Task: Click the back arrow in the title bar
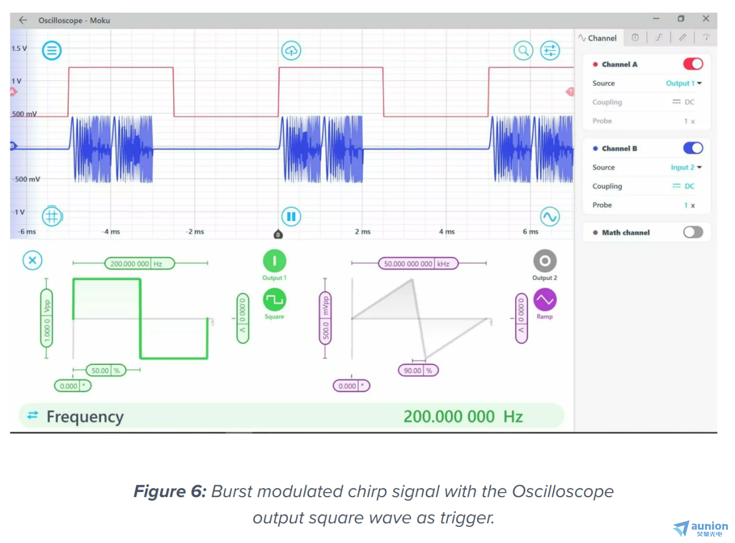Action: click(x=23, y=20)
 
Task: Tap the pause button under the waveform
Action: click(x=291, y=217)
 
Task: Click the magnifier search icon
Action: click(x=523, y=50)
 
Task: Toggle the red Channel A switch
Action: click(x=693, y=64)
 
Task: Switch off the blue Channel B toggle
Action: click(x=693, y=148)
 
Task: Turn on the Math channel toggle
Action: click(x=693, y=232)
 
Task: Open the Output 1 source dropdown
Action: click(x=683, y=83)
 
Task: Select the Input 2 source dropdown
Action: click(x=686, y=167)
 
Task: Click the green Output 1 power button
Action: click(x=274, y=261)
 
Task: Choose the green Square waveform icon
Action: click(x=274, y=300)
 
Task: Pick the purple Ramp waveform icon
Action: click(x=544, y=300)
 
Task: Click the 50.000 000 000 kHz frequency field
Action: click(x=418, y=263)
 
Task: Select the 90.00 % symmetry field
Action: click(x=418, y=371)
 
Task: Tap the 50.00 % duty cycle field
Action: click(x=106, y=371)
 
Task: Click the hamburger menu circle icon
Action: click(x=52, y=50)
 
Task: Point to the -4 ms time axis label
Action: click(x=111, y=231)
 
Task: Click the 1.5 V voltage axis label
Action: click(x=19, y=48)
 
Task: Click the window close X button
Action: click(x=706, y=19)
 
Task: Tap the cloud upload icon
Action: click(x=291, y=50)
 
